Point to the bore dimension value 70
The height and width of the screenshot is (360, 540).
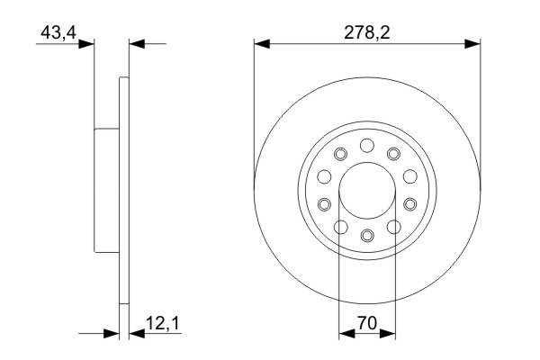click(366, 321)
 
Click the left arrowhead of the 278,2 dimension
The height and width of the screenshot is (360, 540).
click(259, 41)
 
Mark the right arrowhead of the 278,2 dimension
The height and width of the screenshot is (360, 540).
click(473, 41)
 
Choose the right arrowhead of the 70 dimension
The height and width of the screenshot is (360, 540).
click(390, 334)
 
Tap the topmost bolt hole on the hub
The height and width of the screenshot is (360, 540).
click(366, 145)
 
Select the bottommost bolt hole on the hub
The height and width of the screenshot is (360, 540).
click(366, 235)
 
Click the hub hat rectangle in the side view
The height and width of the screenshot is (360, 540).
click(106, 190)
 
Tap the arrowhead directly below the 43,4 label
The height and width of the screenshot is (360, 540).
click(89, 42)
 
